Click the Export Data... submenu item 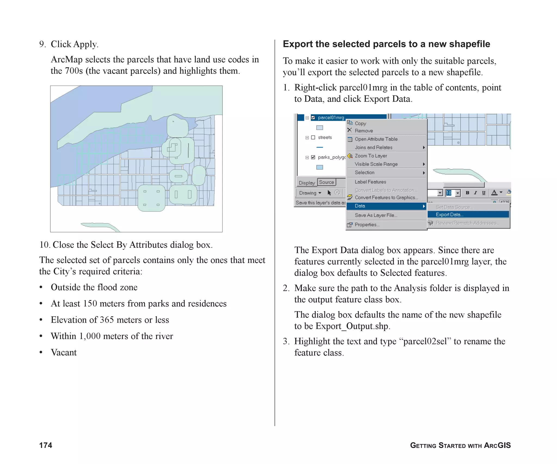(x=449, y=214)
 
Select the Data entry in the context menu (x=360, y=206)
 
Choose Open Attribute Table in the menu (x=376, y=139)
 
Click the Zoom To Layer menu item (x=371, y=156)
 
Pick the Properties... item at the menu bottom (x=367, y=225)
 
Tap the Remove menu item (x=364, y=131)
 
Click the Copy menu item (x=360, y=123)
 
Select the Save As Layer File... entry (x=376, y=215)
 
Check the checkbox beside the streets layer (x=313, y=138)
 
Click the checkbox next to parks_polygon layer (x=313, y=157)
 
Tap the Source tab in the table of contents (x=326, y=182)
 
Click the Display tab (x=307, y=183)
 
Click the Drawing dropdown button (x=310, y=193)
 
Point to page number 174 (x=46, y=445)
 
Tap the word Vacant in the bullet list (x=64, y=353)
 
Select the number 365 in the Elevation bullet (x=107, y=320)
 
